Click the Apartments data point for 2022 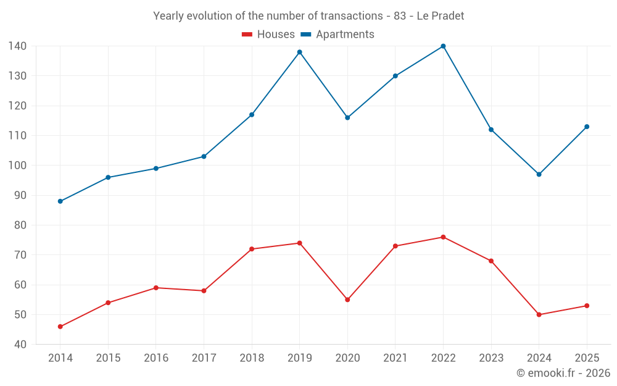[443, 46]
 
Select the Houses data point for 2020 [347, 300]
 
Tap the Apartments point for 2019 [299, 52]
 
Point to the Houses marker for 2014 [60, 327]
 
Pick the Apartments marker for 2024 [539, 175]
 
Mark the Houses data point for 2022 [443, 237]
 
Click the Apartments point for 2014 [60, 201]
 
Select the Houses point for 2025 [587, 306]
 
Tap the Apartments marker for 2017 [204, 156]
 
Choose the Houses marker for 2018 [252, 249]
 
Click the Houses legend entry [268, 34]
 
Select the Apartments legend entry [337, 34]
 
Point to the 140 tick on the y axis [17, 46]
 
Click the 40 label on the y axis [20, 344]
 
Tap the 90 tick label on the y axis [20, 195]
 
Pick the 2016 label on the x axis [156, 358]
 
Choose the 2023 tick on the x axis [491, 358]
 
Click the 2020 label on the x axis [347, 358]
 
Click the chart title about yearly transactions [308, 16]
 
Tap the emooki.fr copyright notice [563, 372]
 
